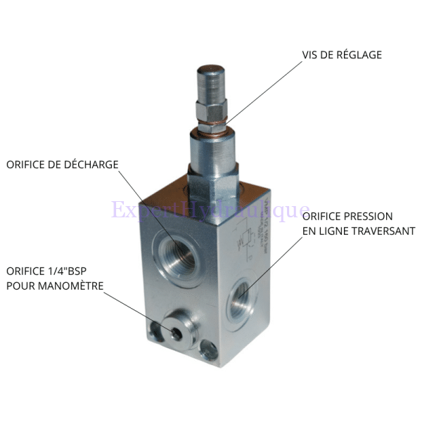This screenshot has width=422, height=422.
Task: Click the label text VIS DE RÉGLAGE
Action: pyautogui.click(x=342, y=54)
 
